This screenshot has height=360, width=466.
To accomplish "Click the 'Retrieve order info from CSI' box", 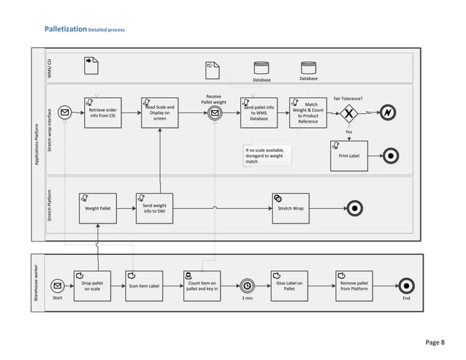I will click(102, 113).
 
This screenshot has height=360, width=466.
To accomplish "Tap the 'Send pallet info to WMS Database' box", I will click(259, 113).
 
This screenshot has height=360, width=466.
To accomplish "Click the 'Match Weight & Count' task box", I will click(308, 113).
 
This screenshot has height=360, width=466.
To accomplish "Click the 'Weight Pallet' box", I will click(97, 207).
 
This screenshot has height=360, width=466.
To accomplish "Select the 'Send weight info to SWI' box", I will click(154, 207).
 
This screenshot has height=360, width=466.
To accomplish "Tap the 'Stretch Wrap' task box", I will click(290, 207).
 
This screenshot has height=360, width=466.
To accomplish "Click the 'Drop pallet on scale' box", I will click(91, 285).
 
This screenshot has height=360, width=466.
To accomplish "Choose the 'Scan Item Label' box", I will click(144, 285).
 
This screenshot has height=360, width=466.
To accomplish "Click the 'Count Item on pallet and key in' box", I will click(202, 285).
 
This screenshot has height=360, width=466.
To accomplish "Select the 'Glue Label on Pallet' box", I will click(289, 285).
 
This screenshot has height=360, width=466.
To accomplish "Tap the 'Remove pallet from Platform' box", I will click(354, 285).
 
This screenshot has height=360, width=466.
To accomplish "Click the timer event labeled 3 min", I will click(248, 286).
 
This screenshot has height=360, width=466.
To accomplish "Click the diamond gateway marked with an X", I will click(348, 113).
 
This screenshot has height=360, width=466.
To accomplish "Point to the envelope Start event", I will click(57, 286).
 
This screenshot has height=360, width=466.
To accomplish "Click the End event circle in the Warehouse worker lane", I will click(406, 286).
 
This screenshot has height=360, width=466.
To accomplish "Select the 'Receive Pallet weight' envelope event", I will click(214, 113).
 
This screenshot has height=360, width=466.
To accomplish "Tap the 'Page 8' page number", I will click(437, 341).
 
